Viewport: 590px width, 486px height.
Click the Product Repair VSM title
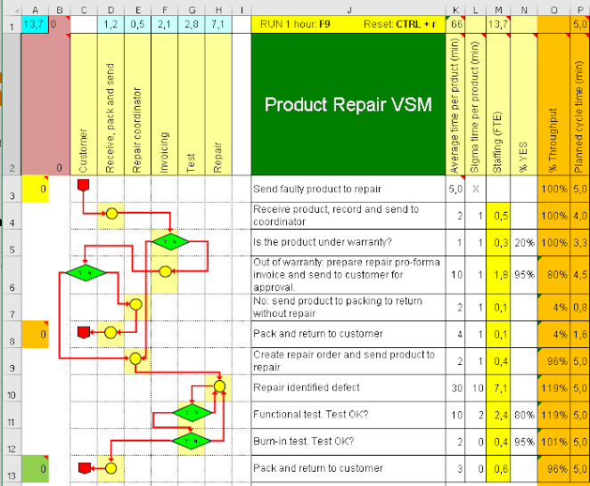[348, 105]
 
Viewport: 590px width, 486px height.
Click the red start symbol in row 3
[84, 186]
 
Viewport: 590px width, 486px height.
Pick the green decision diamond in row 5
[170, 241]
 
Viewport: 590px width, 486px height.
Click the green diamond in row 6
[86, 272]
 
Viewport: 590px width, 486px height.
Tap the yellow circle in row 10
[219, 387]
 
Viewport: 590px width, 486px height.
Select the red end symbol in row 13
[84, 467]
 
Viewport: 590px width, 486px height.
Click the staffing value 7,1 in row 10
[501, 388]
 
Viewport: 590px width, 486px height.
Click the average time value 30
[455, 388]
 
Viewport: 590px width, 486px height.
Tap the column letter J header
[348, 9]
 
